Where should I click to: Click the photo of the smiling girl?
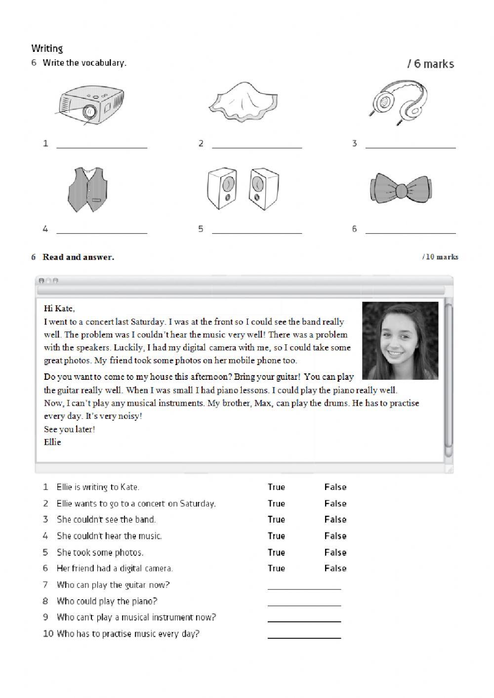pos(400,340)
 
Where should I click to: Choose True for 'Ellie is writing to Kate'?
pos(276,487)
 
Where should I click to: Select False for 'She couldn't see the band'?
pos(335,520)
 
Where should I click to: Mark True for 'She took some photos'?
pos(276,552)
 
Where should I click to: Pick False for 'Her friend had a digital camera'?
pos(335,569)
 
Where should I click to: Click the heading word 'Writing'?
pos(47,48)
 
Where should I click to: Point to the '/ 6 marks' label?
pos(430,64)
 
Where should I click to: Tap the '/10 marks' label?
pos(440,257)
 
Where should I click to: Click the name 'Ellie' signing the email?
pos(52,442)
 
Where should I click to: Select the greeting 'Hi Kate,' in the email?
pos(59,309)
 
